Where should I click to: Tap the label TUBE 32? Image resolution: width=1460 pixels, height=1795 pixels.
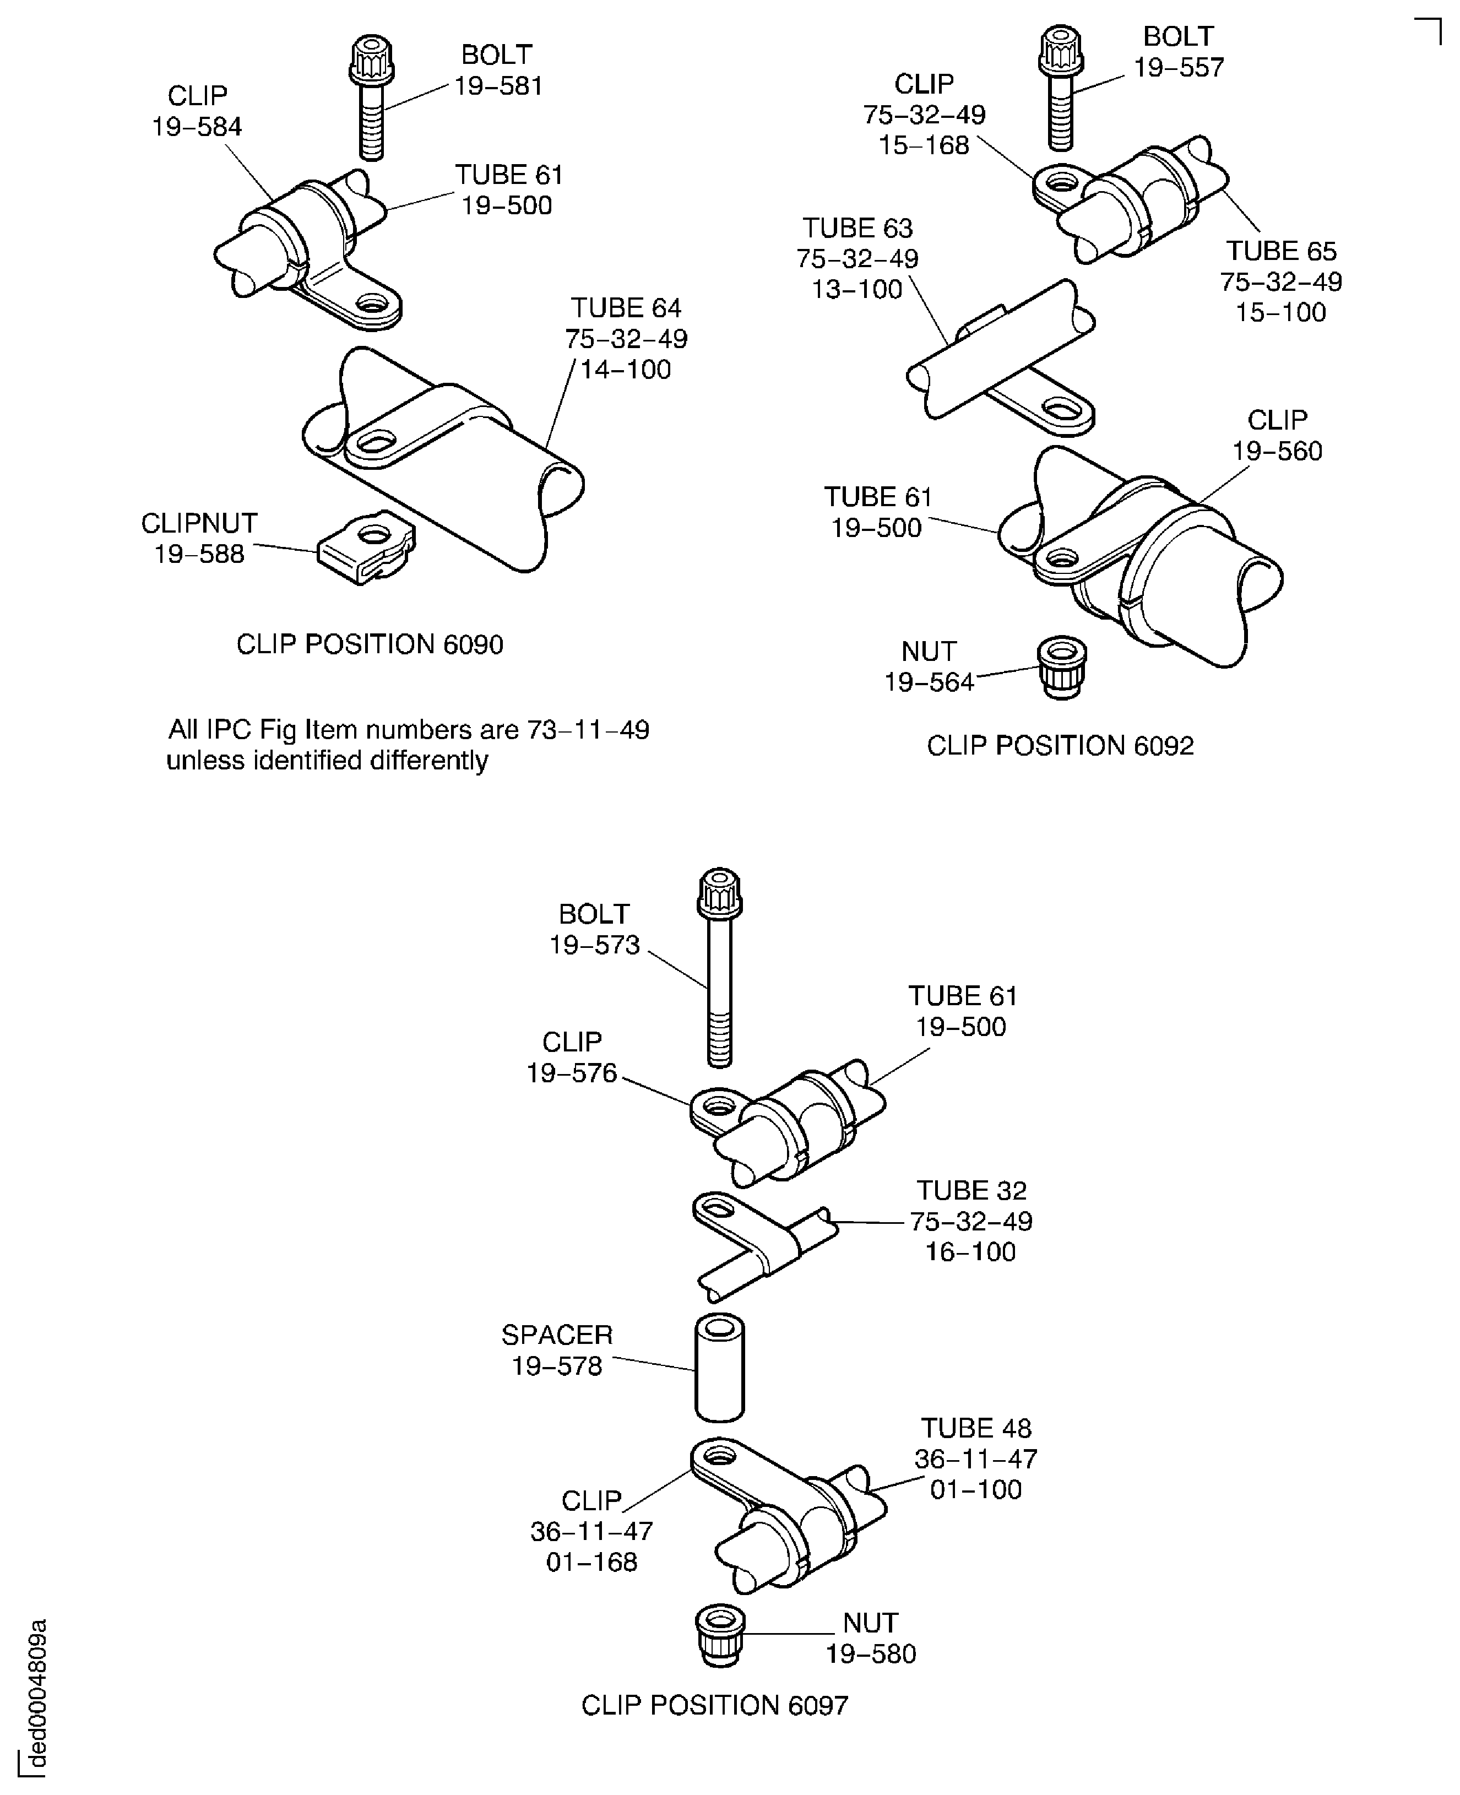point(971,1190)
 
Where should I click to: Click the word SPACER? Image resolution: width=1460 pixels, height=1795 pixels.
point(557,1335)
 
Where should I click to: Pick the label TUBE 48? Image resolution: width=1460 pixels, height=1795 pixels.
point(975,1428)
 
